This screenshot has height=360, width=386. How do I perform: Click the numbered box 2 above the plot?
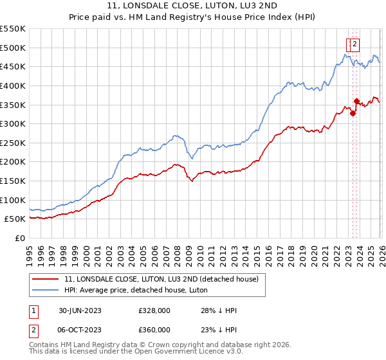coord(354,44)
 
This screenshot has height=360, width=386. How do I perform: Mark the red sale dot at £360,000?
coord(356,101)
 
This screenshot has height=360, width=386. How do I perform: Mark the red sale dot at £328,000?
coord(353,113)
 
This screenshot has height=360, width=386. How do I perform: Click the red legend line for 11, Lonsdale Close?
coord(46,279)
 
